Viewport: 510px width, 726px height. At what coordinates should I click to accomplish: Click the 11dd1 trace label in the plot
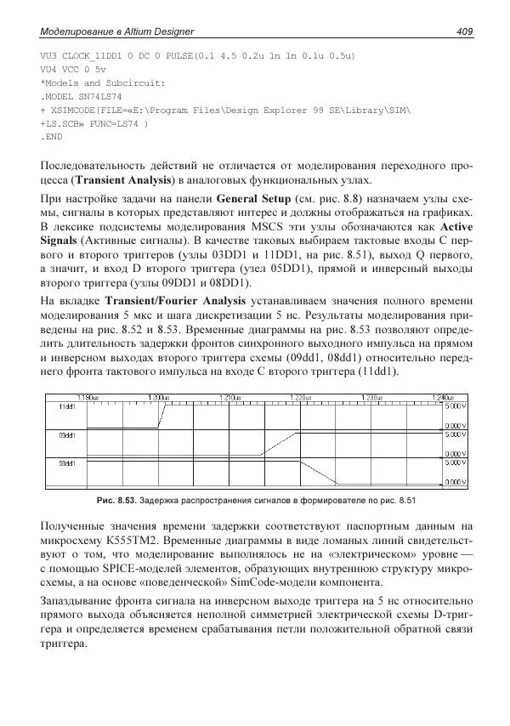[67, 407]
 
